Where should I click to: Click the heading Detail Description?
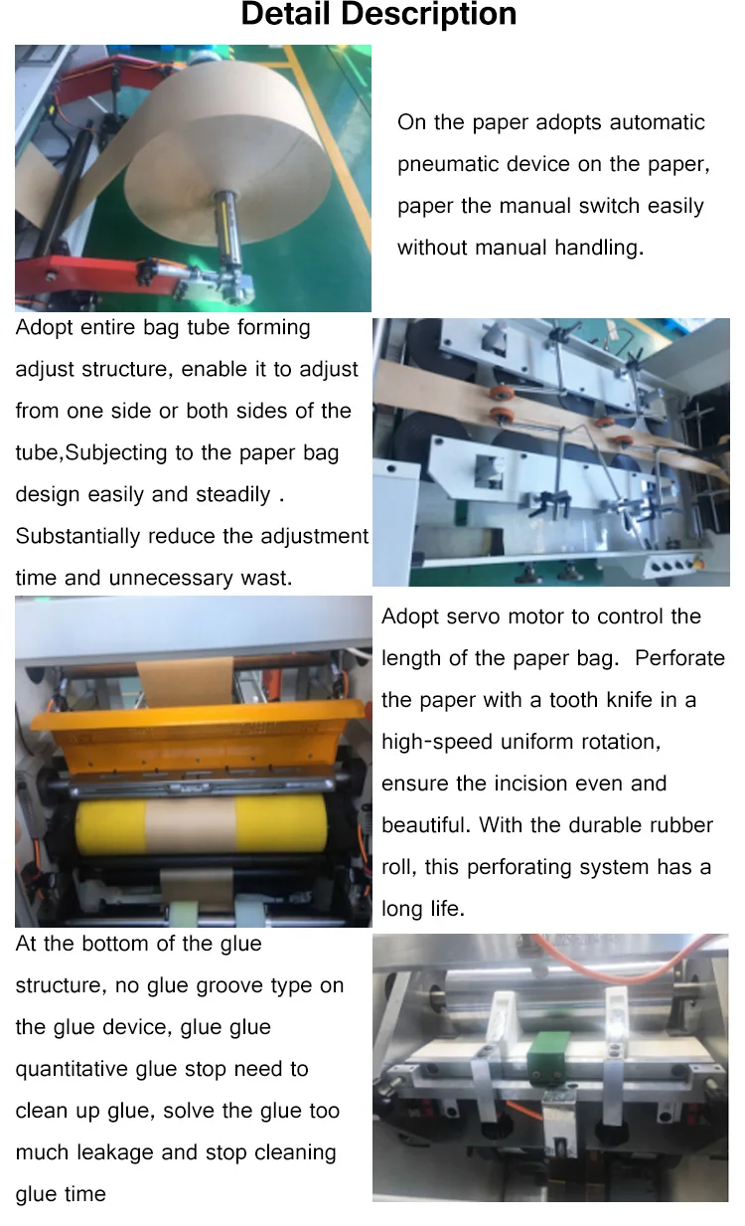point(378,14)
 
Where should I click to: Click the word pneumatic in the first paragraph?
point(448,164)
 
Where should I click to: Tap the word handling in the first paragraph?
point(599,248)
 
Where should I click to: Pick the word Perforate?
point(679,658)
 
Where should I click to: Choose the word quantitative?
point(73,1069)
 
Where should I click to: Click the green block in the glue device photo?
point(547,1050)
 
